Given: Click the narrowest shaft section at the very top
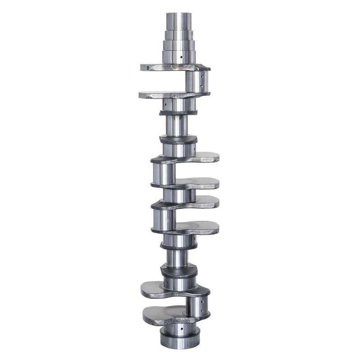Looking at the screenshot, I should click(x=179, y=21).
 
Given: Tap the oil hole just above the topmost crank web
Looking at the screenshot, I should click(x=181, y=57).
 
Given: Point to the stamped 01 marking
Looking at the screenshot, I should click(x=175, y=96).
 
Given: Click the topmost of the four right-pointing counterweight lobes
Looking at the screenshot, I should click(x=202, y=157).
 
